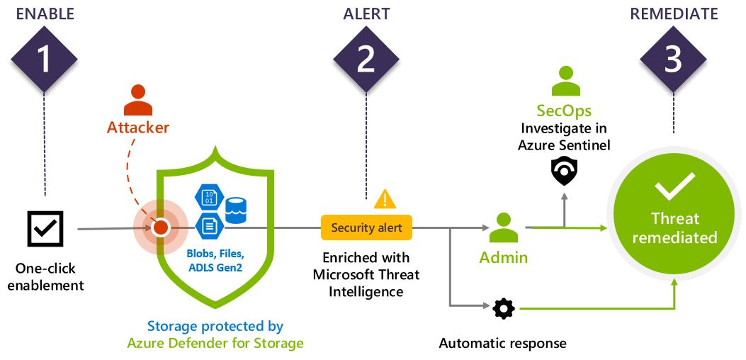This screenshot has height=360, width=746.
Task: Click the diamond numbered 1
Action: [45, 59]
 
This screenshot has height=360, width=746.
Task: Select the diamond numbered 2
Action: [366, 59]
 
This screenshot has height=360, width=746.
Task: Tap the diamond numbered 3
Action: [673, 59]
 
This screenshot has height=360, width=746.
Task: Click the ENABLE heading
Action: [44, 14]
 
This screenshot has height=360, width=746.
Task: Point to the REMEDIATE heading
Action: [673, 14]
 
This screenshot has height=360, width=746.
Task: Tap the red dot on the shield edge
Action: [161, 228]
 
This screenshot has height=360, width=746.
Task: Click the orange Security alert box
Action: [366, 227]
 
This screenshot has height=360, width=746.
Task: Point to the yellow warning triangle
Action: [385, 199]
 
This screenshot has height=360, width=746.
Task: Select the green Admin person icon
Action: [504, 227]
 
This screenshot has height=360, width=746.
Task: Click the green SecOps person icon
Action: [565, 81]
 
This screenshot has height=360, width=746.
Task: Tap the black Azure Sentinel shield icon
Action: [565, 170]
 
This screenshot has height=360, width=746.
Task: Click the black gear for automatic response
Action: [504, 308]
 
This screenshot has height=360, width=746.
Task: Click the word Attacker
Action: [138, 128]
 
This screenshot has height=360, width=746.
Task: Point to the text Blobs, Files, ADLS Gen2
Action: [215, 259]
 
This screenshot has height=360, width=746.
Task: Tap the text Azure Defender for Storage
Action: [215, 344]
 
